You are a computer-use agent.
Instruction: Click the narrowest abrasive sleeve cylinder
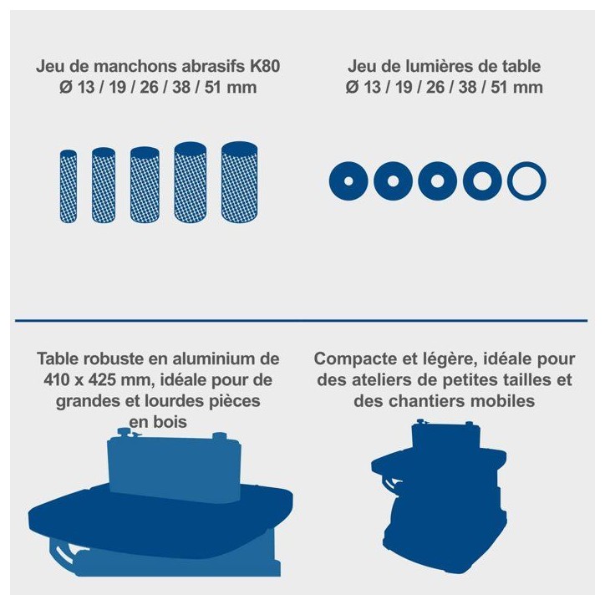coord(69,186)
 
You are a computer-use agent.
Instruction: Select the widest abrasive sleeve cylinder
coord(239,182)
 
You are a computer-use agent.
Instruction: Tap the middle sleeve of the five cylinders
coord(145,185)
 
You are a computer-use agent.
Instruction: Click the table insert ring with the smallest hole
coord(348,181)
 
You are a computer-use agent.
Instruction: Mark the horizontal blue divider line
coord(302,320)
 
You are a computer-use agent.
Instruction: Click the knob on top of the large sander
coord(125,432)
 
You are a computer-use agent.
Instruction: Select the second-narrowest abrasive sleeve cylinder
coord(104,186)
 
